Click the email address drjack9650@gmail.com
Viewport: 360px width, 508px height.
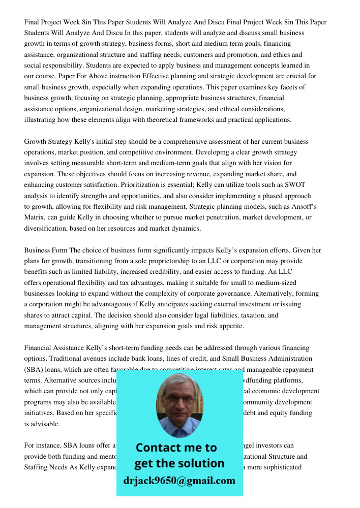click(x=179, y=481)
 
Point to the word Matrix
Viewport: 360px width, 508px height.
click(x=35, y=217)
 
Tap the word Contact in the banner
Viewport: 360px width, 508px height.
click(x=159, y=448)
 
